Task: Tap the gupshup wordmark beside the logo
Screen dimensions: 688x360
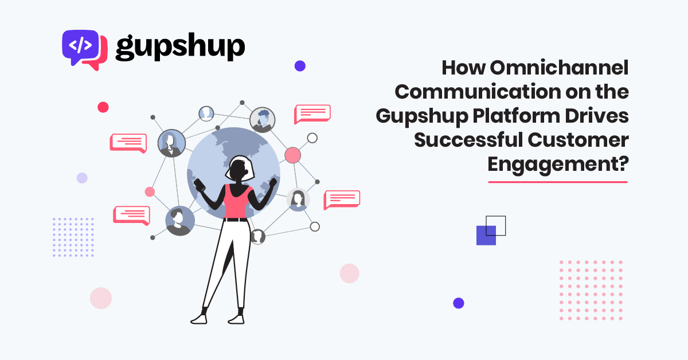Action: pyautogui.click(x=180, y=47)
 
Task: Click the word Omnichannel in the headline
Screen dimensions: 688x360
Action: pyautogui.click(x=559, y=67)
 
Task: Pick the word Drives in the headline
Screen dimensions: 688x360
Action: pyautogui.click(x=597, y=116)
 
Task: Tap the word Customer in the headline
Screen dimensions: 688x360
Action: pyautogui.click(x=578, y=140)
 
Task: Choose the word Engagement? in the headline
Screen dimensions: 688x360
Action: pyautogui.click(x=558, y=165)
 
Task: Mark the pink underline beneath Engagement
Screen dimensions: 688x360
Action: pyautogui.click(x=558, y=182)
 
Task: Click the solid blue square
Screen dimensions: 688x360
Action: pyautogui.click(x=486, y=235)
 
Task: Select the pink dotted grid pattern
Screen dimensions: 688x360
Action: pyautogui.click(x=591, y=290)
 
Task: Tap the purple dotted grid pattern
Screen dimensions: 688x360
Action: pyautogui.click(x=73, y=237)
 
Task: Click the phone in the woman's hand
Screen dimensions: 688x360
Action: pyautogui.click(x=200, y=185)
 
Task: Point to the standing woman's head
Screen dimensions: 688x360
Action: pyautogui.click(x=240, y=169)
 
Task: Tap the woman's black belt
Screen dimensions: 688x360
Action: pyautogui.click(x=235, y=220)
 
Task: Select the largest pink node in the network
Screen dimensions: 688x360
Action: pyautogui.click(x=293, y=155)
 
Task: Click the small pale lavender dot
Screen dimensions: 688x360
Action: pyautogui.click(x=82, y=178)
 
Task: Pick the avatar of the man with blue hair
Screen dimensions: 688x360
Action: pyautogui.click(x=263, y=120)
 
